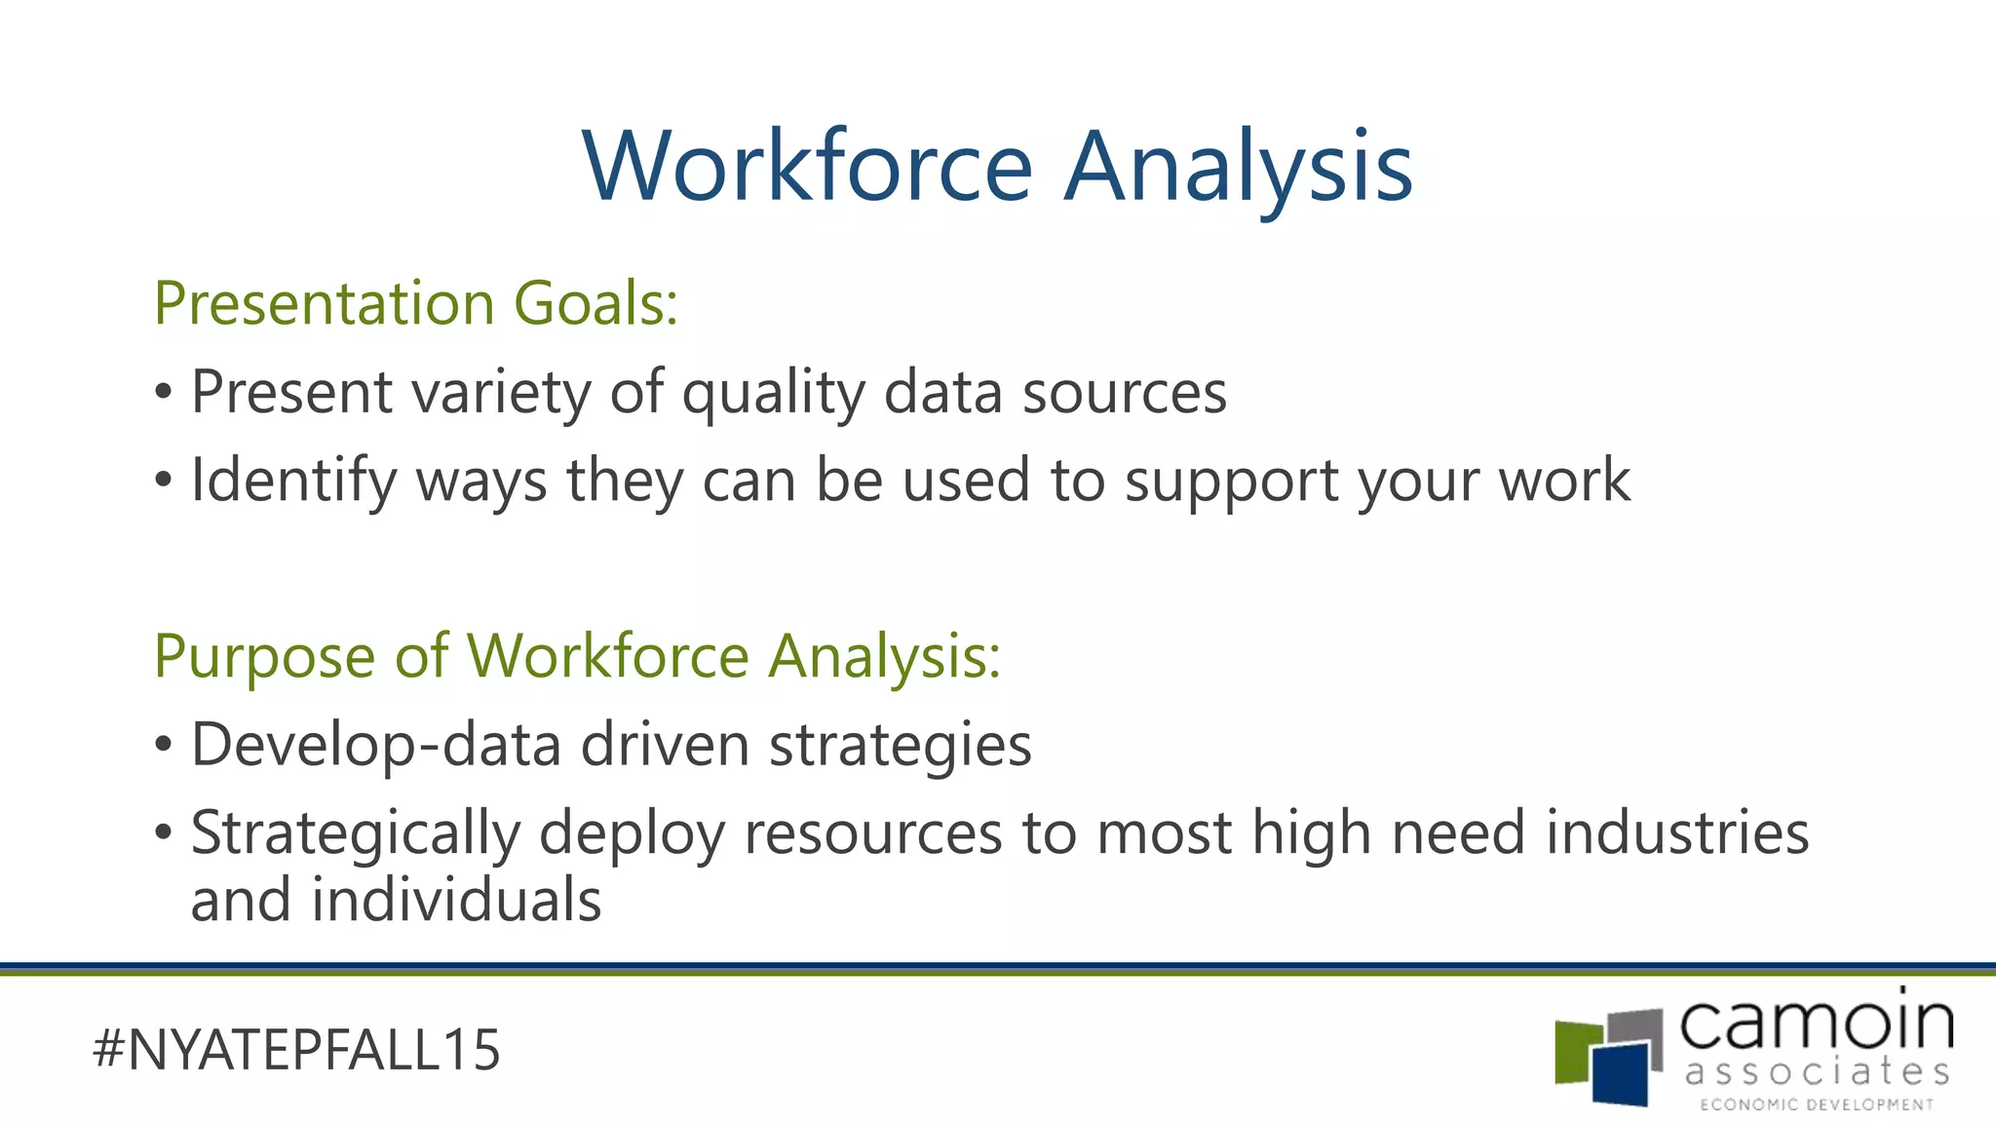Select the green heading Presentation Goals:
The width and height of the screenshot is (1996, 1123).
pyautogui.click(x=415, y=303)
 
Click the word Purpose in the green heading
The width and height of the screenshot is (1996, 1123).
pyautogui.click(x=264, y=656)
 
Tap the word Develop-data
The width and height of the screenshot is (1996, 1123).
pyautogui.click(x=376, y=745)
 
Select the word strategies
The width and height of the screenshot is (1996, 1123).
pyautogui.click(x=900, y=745)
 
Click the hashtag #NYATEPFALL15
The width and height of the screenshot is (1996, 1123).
pyautogui.click(x=296, y=1050)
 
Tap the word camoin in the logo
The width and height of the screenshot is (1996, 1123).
pyautogui.click(x=1817, y=1023)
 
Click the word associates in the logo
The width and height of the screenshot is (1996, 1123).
pyautogui.click(x=1817, y=1071)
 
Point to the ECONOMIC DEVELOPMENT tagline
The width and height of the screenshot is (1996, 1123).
pyautogui.click(x=1817, y=1104)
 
